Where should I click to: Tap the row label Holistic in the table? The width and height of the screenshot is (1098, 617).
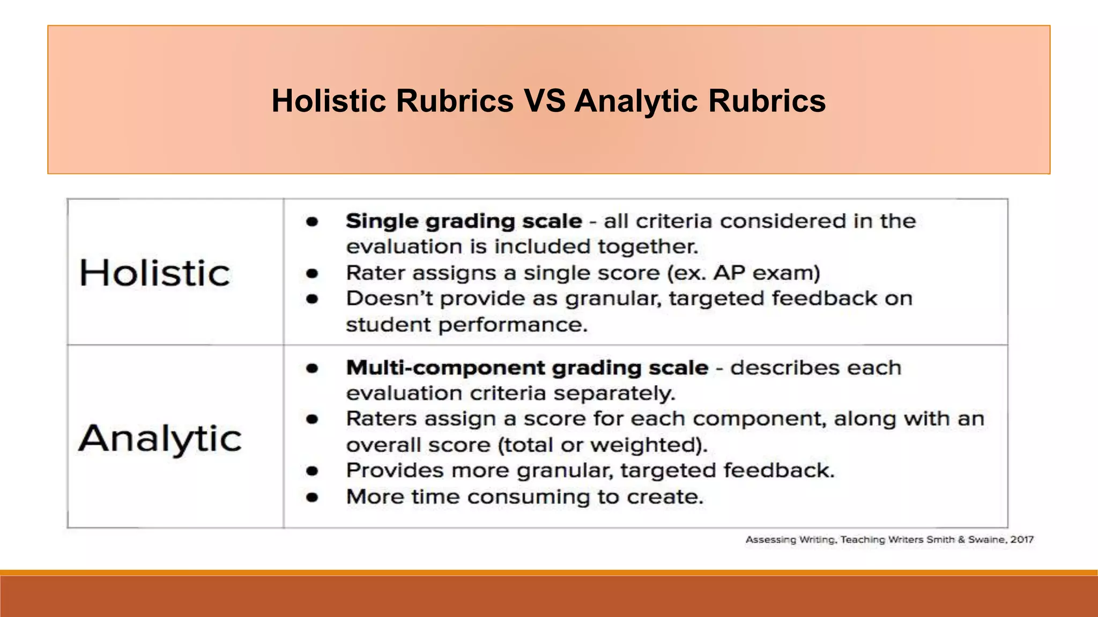pyautogui.click(x=155, y=273)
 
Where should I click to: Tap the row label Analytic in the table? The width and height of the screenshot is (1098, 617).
pyautogui.click(x=160, y=439)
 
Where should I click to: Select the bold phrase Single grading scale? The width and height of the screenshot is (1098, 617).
pyautogui.click(x=464, y=221)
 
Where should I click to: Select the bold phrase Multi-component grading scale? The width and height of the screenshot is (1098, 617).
pyautogui.click(x=527, y=368)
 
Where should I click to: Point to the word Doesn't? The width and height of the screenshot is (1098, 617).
pyautogui.click(x=389, y=298)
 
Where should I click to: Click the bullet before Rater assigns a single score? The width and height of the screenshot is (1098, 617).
pyautogui.click(x=312, y=274)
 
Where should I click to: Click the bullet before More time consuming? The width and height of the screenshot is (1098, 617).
pyautogui.click(x=312, y=498)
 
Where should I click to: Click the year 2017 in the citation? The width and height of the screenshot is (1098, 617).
pyautogui.click(x=1022, y=539)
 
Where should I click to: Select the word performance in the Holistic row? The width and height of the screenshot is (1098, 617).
pyautogui.click(x=513, y=325)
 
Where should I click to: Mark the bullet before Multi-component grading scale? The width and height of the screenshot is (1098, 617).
pyautogui.click(x=312, y=368)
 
